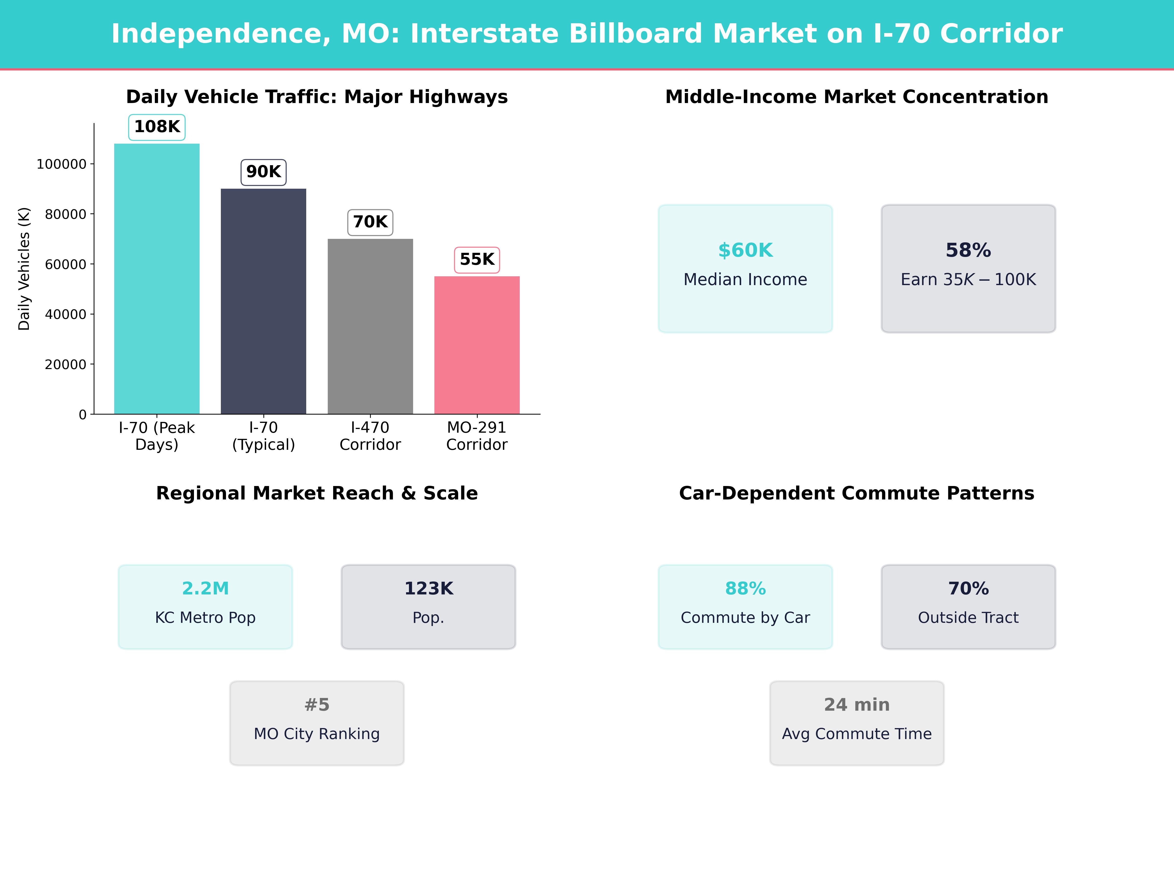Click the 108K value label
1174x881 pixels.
pyautogui.click(x=157, y=127)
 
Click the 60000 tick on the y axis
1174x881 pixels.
pyautogui.click(x=65, y=265)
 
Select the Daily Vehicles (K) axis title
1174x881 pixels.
pyautogui.click(x=24, y=269)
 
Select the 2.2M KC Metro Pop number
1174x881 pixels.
pyautogui.click(x=205, y=588)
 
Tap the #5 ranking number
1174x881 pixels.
pyautogui.click(x=317, y=705)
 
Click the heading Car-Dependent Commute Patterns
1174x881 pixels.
pyautogui.click(x=857, y=493)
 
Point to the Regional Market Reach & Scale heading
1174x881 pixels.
pyautogui.click(x=317, y=493)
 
